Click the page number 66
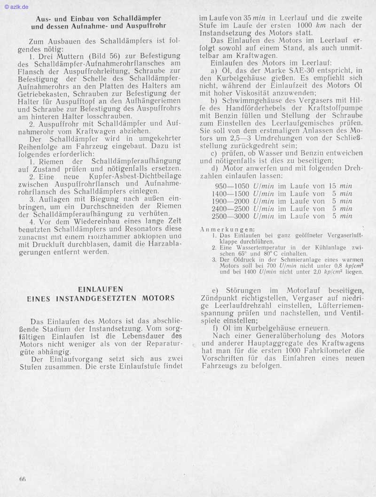[23, 479]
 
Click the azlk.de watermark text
[17, 7]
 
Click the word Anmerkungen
[220, 229]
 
